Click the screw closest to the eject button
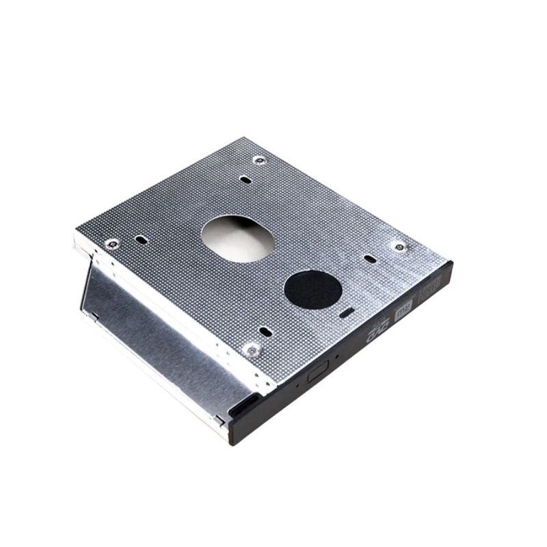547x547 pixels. tap(252, 349)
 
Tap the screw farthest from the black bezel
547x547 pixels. tap(258, 160)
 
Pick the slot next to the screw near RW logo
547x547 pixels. tap(370, 259)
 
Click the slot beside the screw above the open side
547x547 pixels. tap(140, 239)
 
